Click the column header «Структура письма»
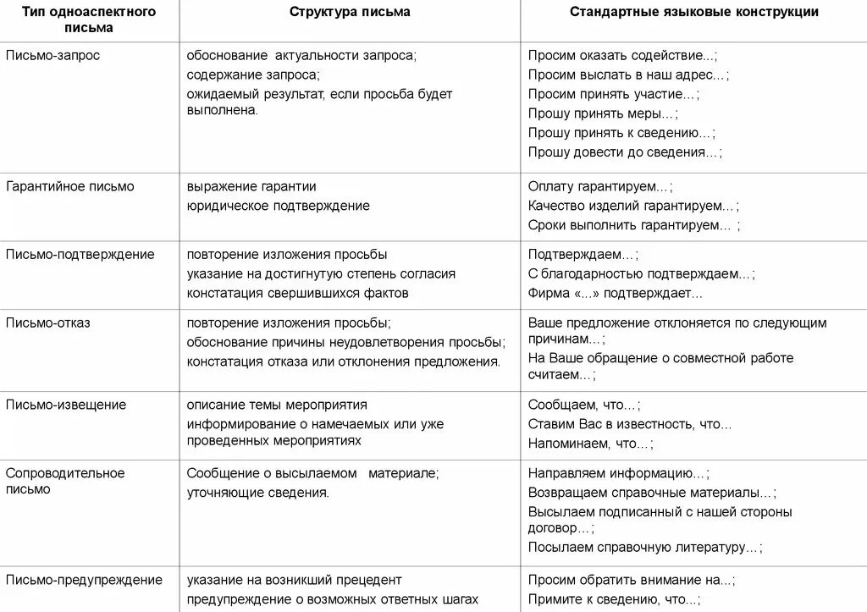(350, 12)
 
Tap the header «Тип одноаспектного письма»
(89, 19)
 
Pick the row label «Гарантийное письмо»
(69, 186)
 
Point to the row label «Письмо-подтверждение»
(80, 254)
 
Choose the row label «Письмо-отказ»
(47, 323)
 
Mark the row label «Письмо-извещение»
(66, 405)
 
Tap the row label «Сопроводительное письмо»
(65, 481)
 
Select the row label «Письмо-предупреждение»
(84, 580)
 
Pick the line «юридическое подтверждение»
(279, 206)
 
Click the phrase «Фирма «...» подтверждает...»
(616, 294)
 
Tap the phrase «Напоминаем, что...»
(590, 444)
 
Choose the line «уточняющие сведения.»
(258, 492)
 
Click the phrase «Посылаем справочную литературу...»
(644, 548)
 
